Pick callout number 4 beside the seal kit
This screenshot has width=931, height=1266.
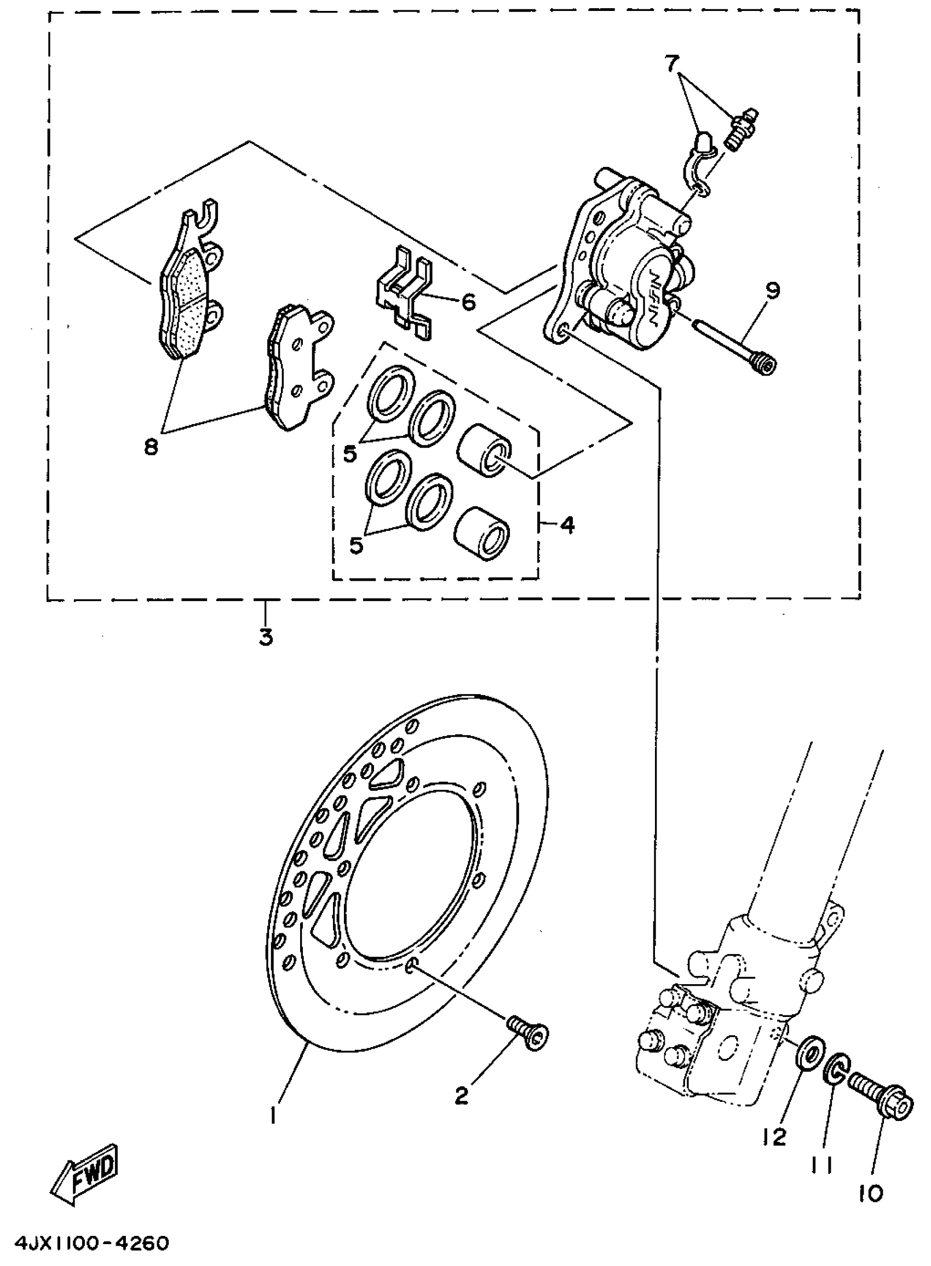pyautogui.click(x=567, y=525)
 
